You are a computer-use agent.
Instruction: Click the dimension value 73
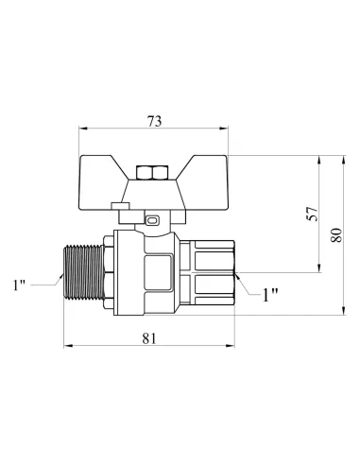pyautogui.click(x=154, y=121)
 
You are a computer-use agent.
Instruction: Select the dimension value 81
pyautogui.click(x=149, y=338)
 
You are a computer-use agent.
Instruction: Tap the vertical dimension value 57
pyautogui.click(x=313, y=214)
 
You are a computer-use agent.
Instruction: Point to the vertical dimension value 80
pyautogui.click(x=336, y=234)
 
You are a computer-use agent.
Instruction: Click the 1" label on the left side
pyautogui.click(x=19, y=284)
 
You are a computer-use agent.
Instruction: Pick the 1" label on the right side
pyautogui.click(x=270, y=295)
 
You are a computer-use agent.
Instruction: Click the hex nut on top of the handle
pyautogui.click(x=152, y=173)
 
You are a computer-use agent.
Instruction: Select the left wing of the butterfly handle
pyautogui.click(x=100, y=182)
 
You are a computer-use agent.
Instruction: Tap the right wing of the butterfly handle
pyautogui.click(x=205, y=182)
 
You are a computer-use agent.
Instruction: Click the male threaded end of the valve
pyautogui.click(x=84, y=272)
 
